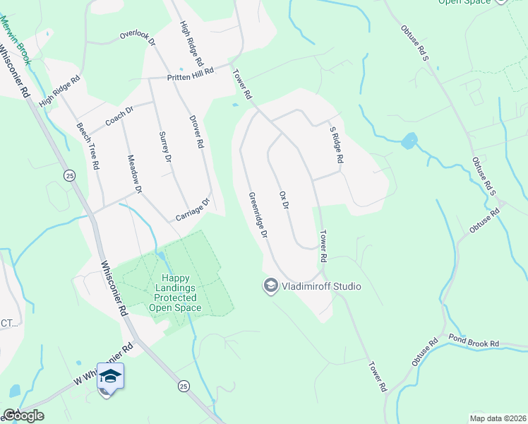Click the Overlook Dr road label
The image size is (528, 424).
tap(137, 35)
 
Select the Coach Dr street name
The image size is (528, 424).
tap(119, 115)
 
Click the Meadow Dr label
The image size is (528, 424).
tap(134, 175)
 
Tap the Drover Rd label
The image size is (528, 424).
tap(196, 132)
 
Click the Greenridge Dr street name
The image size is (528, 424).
tap(258, 214)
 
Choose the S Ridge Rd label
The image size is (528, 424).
tap(337, 146)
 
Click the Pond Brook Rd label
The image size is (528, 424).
tap(475, 343)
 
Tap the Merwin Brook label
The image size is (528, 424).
tap(15, 41)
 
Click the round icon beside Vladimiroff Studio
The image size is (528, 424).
tap(270, 286)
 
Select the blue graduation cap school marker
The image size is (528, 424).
tap(110, 376)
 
